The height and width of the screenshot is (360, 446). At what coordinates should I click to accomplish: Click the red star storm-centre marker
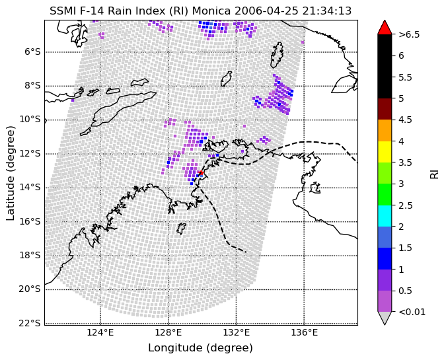pyautogui.click(x=201, y=172)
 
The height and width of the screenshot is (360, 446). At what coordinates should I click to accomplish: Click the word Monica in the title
pyautogui.click(x=211, y=11)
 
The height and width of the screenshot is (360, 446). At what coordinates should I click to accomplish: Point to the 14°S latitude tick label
pyautogui.click(x=30, y=187)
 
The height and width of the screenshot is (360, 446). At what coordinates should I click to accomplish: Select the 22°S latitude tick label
pyautogui.click(x=30, y=323)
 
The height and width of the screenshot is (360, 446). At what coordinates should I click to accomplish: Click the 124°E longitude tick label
pyautogui.click(x=100, y=332)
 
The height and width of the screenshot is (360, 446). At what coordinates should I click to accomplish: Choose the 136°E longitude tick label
pyautogui.click(x=305, y=332)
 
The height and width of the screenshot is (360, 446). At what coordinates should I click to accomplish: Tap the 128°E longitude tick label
pyautogui.click(x=168, y=332)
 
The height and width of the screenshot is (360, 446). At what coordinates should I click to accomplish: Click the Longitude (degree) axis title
pyautogui.click(x=200, y=347)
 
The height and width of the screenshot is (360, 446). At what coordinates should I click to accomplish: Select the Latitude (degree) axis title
pyautogui.click(x=10, y=173)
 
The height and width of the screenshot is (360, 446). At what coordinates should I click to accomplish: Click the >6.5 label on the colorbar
pyautogui.click(x=409, y=34)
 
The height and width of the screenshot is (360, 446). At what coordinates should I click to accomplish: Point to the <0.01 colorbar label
pyautogui.click(x=412, y=312)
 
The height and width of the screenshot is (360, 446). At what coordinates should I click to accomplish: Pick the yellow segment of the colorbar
pyautogui.click(x=385, y=151)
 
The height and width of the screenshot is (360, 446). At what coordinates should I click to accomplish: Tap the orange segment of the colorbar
pyautogui.click(x=385, y=130)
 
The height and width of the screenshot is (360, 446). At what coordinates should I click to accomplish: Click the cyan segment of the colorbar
pyautogui.click(x=385, y=216)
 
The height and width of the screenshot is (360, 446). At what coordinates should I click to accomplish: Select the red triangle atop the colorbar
pyautogui.click(x=385, y=28)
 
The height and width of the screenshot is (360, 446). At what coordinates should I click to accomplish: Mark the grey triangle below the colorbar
pyautogui.click(x=385, y=317)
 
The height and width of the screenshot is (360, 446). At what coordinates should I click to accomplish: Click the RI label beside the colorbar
pyautogui.click(x=434, y=173)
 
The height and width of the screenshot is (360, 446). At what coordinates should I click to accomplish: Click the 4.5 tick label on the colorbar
pyautogui.click(x=405, y=120)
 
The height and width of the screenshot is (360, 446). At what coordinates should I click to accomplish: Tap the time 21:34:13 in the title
pyautogui.click(x=327, y=11)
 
